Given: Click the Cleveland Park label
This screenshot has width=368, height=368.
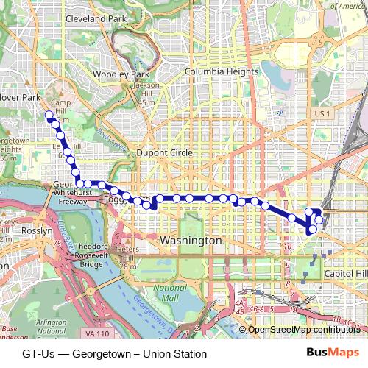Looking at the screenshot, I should [96, 18].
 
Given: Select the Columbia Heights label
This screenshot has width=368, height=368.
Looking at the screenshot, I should [222, 72].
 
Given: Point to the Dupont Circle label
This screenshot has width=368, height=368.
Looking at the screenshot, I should [164, 152].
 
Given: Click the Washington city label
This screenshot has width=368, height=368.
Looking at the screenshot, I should [191, 241].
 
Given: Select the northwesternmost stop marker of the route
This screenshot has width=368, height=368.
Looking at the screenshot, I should [49, 114].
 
